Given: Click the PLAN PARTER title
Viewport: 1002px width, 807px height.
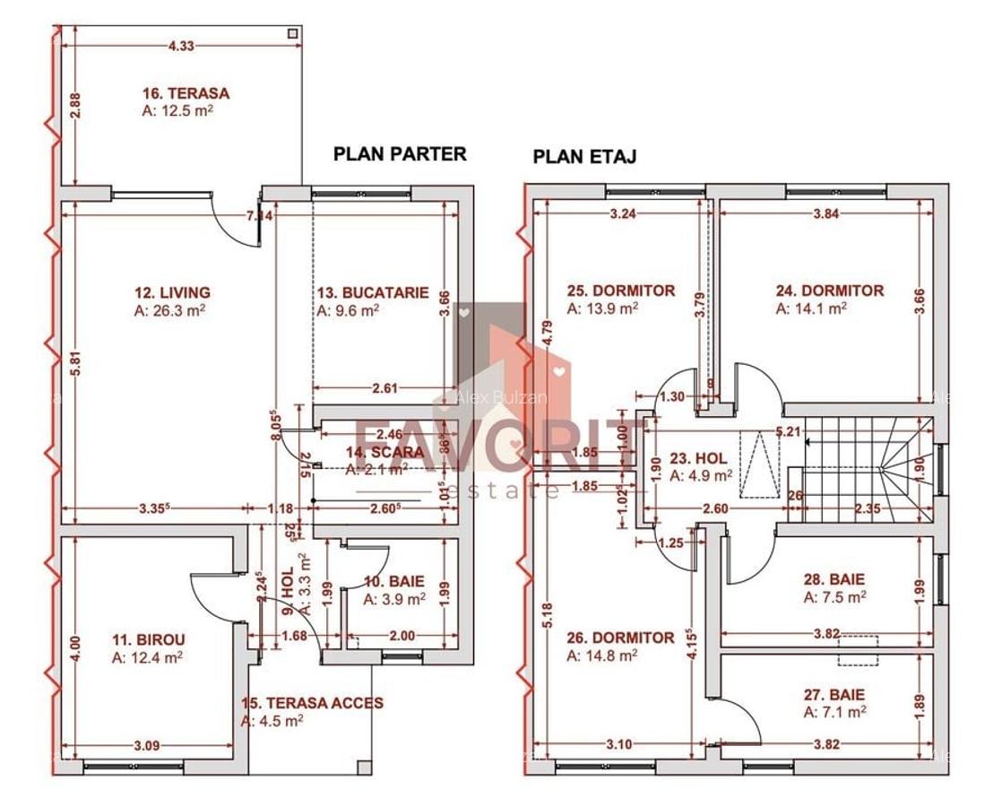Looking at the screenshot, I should (400, 153).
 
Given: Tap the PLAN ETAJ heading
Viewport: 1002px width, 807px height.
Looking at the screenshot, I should (584, 157).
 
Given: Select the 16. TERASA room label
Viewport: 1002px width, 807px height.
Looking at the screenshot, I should (186, 93).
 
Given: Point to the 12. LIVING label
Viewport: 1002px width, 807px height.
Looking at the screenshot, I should (172, 292).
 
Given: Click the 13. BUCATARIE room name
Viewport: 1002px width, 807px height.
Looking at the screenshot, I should (372, 292).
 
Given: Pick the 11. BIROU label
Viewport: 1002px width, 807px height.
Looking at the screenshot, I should (148, 639).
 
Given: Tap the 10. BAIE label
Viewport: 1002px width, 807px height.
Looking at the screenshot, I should (393, 582).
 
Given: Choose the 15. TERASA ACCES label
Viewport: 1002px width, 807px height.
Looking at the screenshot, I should (312, 703).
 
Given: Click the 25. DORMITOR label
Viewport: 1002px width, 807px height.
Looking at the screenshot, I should (621, 291).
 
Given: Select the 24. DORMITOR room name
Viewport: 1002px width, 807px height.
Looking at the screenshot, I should (829, 291).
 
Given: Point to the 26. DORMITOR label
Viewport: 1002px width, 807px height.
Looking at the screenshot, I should (620, 638).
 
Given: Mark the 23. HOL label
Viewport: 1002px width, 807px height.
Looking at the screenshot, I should (698, 458).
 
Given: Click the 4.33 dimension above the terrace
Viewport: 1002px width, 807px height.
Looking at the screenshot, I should (181, 47).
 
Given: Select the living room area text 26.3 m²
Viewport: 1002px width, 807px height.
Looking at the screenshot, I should (172, 310).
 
